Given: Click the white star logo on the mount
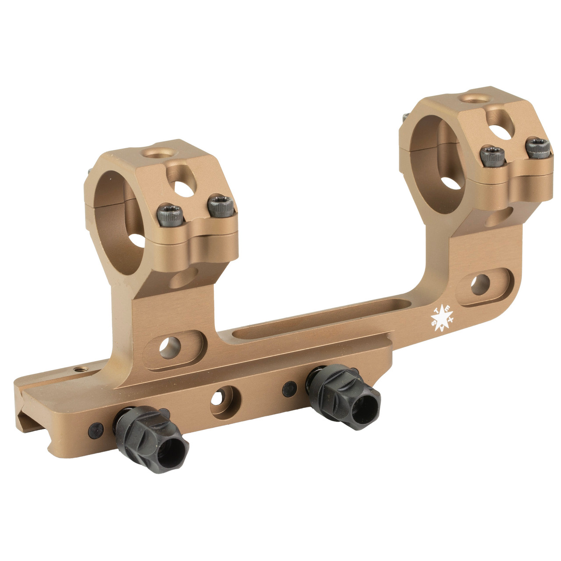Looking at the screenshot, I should tap(441, 317).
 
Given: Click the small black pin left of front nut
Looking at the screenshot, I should tap(93, 428).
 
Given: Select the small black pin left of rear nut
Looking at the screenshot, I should tap(288, 386).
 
